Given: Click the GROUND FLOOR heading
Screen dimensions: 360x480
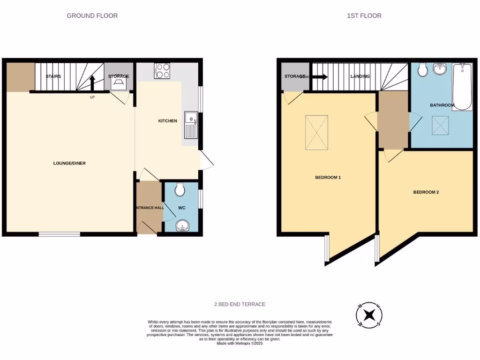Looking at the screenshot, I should tap(92, 15).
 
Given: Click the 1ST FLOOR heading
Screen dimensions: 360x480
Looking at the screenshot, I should tap(364, 15).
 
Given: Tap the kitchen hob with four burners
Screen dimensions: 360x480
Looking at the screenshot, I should tap(162, 71).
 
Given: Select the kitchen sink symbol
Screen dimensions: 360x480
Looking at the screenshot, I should tap(192, 125).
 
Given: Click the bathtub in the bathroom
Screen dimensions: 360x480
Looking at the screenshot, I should tap(462, 87).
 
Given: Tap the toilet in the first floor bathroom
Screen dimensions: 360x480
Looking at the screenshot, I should tap(422, 69).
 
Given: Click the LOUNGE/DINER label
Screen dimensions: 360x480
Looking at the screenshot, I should tap(69, 163).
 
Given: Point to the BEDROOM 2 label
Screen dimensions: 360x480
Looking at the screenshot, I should tap(426, 192).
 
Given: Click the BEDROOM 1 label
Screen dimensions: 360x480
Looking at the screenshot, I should tap(328, 177).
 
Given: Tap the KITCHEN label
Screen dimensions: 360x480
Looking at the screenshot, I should tap(167, 121).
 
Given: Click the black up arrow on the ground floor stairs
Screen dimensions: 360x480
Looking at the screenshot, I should tap(92, 82).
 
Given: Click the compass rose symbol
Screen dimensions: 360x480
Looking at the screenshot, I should tap(369, 315).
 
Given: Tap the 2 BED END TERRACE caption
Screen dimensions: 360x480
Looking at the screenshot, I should tap(240, 304).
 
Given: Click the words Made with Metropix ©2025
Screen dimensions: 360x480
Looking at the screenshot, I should tap(240, 343).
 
